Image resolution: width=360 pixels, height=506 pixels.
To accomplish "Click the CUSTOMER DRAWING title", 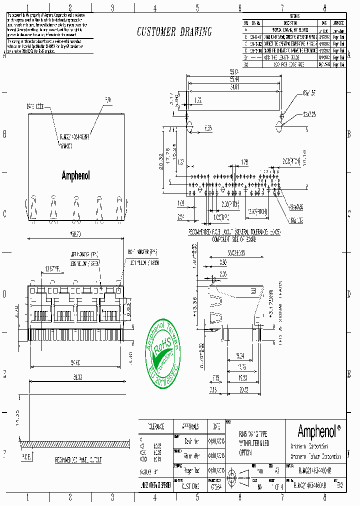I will [x=174, y=32].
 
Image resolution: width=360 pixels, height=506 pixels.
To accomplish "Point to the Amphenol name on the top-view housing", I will [x=76, y=175].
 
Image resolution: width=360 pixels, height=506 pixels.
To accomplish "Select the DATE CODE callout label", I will [x=35, y=106].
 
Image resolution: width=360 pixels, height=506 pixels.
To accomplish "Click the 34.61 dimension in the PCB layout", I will [x=233, y=87].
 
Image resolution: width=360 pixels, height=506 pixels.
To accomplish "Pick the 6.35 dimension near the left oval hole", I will [x=207, y=128].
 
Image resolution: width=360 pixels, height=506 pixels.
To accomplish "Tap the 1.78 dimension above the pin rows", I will [x=244, y=162].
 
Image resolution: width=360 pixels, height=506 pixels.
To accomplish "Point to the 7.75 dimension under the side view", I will [x=215, y=377].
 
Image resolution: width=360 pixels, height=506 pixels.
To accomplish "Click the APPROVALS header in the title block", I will [x=190, y=426].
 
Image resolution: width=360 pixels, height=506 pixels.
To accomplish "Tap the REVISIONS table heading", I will [x=294, y=16].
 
